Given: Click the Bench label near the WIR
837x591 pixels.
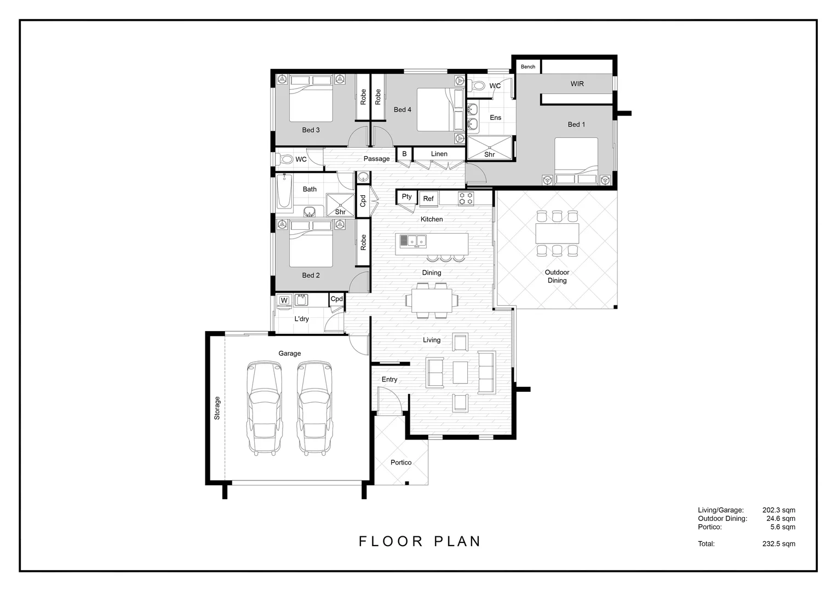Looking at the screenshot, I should point(528,67).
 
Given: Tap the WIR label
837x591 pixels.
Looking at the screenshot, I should point(577,84).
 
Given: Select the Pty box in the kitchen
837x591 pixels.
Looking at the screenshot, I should point(406,197).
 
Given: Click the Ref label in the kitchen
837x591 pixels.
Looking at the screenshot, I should point(428,199).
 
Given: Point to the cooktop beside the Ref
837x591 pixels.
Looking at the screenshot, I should point(466,198).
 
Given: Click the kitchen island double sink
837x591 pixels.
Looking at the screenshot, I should point(413,240).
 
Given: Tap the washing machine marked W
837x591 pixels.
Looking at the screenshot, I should point(284,300).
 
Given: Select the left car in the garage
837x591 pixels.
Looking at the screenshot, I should point(265,407).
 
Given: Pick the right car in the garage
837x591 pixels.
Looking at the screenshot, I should point(315,407).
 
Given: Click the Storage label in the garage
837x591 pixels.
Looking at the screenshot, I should point(217,408).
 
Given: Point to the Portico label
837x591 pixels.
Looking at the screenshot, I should point(401,462).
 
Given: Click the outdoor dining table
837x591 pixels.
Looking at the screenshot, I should point(557,234).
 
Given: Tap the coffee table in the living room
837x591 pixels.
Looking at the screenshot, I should point(460,372).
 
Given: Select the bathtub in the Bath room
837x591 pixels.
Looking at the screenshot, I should point(284,192).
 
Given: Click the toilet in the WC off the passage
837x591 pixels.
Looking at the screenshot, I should point(286,159).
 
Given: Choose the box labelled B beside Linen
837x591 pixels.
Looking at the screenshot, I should point(404,154).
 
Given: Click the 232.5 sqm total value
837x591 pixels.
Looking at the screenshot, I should point(778,544).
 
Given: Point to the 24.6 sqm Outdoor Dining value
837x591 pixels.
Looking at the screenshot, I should point(781,519).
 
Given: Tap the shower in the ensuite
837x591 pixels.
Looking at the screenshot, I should point(489,148).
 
